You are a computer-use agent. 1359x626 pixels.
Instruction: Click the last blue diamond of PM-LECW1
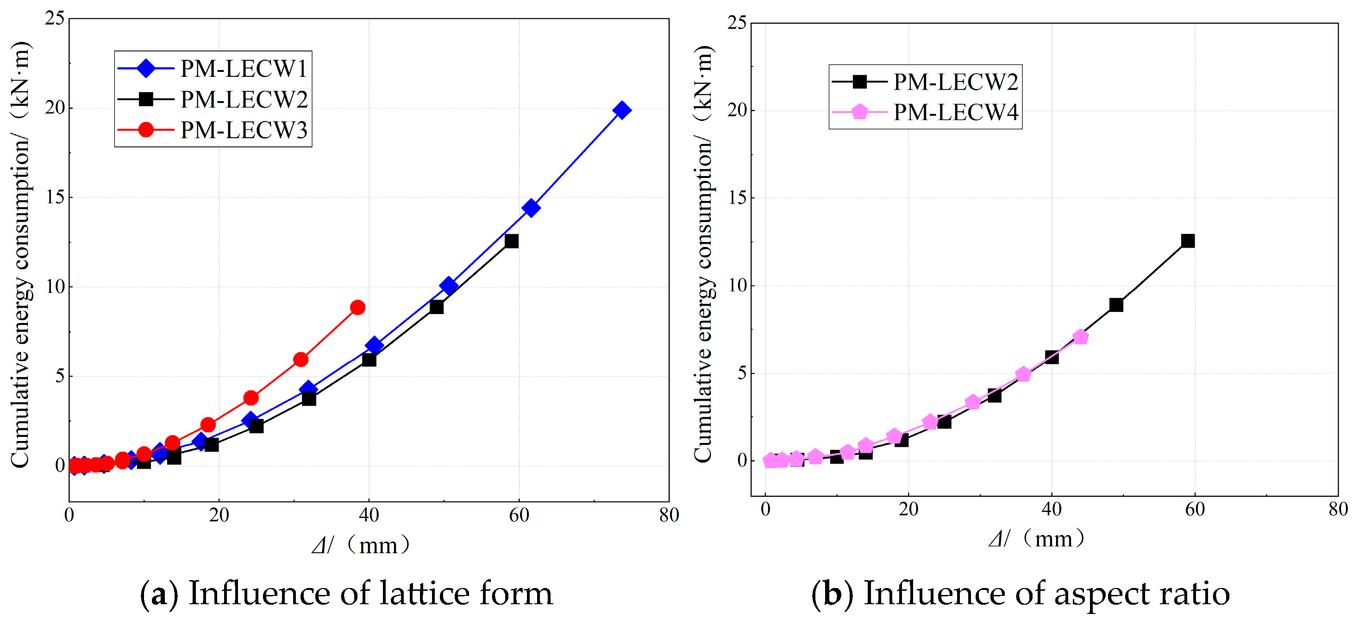tap(622, 110)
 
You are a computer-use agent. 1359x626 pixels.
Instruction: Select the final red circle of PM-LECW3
tap(357, 307)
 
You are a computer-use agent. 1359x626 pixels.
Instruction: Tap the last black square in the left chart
tap(511, 241)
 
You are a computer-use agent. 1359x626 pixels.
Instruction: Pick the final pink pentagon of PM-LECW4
tap(1080, 337)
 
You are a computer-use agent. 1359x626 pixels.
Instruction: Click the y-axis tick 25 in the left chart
tap(55, 19)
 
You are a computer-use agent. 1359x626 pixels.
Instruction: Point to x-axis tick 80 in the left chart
tap(669, 515)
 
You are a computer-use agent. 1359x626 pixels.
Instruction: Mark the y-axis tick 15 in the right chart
tap(738, 198)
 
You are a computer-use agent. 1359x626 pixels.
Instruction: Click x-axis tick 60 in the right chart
tap(1195, 509)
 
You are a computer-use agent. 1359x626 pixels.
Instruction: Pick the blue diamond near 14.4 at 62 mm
tap(531, 208)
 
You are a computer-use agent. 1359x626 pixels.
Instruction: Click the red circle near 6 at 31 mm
tap(301, 360)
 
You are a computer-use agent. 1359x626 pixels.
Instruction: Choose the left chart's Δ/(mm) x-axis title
tap(361, 544)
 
